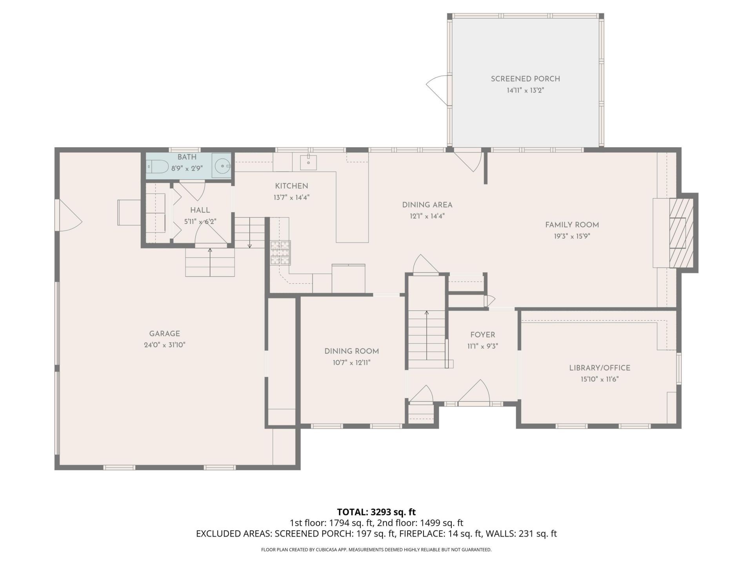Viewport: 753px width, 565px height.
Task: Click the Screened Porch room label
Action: click(525, 79)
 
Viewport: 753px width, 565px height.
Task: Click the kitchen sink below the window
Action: click(308, 162)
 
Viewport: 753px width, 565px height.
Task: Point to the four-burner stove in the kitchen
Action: click(280, 252)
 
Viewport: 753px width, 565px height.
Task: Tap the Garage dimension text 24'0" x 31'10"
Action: click(164, 345)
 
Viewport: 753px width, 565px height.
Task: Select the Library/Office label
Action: click(600, 368)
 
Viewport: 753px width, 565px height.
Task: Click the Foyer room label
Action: click(482, 335)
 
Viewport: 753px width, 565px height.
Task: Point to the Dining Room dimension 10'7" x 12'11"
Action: click(351, 363)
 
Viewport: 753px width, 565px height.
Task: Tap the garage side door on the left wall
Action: click(69, 215)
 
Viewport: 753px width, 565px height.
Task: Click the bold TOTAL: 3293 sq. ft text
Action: click(376, 512)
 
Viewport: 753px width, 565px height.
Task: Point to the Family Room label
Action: click(572, 225)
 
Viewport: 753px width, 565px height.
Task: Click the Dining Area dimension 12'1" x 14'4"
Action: click(427, 216)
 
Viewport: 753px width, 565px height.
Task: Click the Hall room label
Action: click(200, 210)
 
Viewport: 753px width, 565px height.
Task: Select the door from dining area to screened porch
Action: click(468, 161)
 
